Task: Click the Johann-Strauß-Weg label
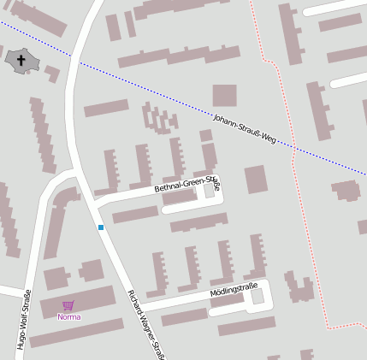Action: click(244, 127)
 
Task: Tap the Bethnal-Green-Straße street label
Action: click(186, 186)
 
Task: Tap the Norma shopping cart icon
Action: click(68, 305)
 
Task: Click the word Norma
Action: click(68, 317)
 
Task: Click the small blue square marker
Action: click(101, 227)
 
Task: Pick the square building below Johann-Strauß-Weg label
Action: click(256, 180)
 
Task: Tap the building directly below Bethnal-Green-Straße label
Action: click(137, 214)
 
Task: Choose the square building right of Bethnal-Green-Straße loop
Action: click(256, 180)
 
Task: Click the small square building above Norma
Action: click(92, 271)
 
